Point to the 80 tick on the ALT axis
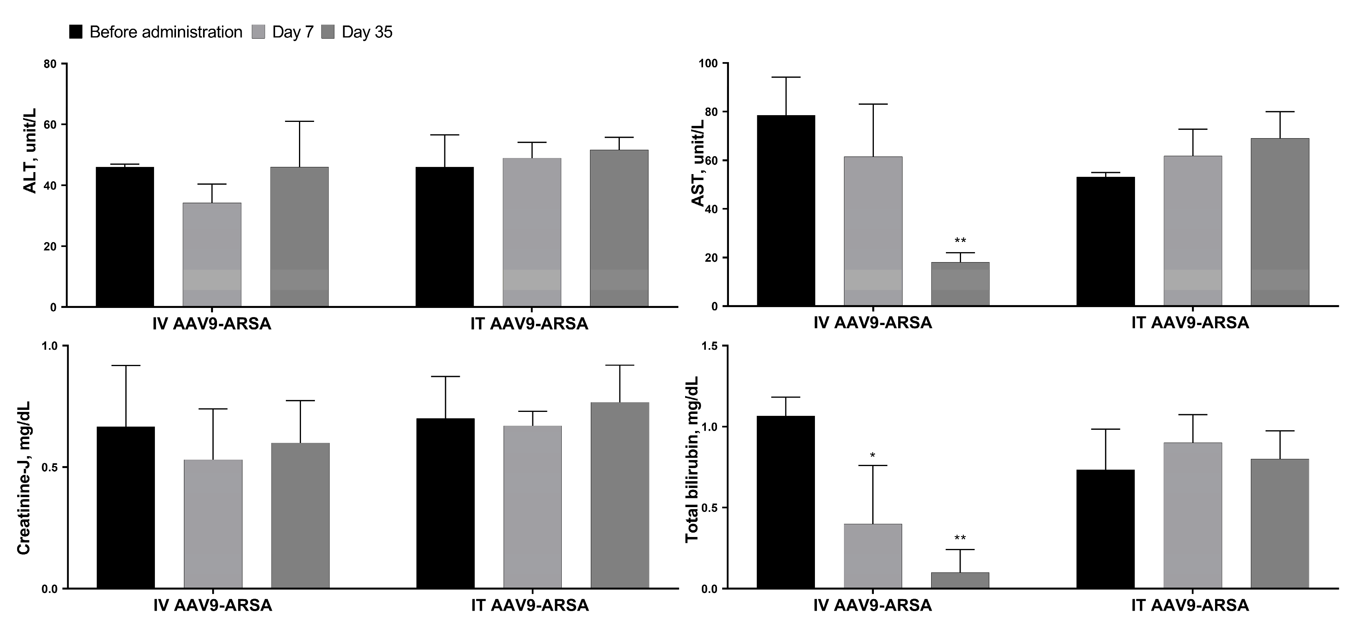(x=50, y=64)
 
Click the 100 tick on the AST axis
(x=709, y=63)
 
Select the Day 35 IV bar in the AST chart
(x=960, y=284)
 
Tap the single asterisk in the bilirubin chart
(x=872, y=456)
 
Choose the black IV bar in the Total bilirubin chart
(x=786, y=502)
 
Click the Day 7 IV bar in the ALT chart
(x=212, y=255)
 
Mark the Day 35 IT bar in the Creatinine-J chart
(x=619, y=495)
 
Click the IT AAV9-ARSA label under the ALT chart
(x=529, y=324)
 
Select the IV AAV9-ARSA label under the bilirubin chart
(x=872, y=606)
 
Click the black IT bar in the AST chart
(x=1105, y=241)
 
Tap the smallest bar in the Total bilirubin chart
(x=960, y=580)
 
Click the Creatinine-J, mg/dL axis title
(x=23, y=478)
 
